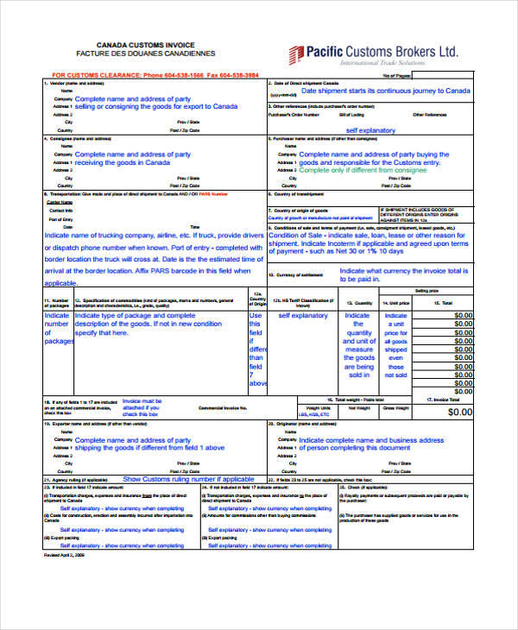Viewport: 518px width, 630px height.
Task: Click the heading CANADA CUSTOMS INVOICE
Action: (x=144, y=44)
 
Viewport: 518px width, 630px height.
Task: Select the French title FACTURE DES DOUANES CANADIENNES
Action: (x=144, y=54)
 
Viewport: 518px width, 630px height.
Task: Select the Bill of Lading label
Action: (x=351, y=114)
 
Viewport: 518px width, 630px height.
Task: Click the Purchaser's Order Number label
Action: (x=294, y=114)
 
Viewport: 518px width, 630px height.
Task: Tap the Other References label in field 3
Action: (x=429, y=114)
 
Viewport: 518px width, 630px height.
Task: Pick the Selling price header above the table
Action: (x=426, y=292)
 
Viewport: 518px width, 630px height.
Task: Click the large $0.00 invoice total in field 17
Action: (x=460, y=413)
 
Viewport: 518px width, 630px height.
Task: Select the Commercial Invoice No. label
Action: (x=223, y=406)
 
